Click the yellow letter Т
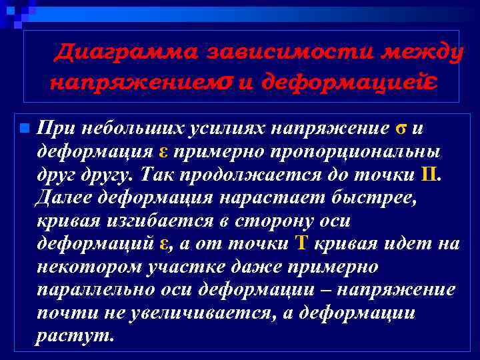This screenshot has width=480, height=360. coord(301,244)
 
